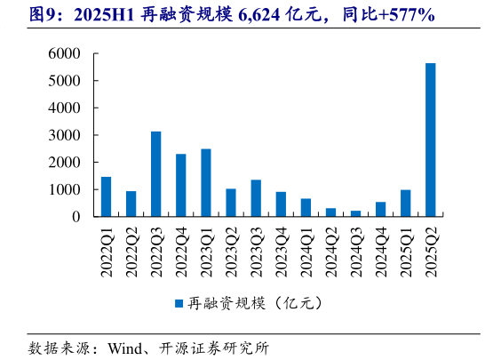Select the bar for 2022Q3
(156, 174)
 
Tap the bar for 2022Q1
(107, 196)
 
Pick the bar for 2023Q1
(206, 182)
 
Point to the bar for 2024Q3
(331, 213)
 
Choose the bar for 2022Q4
(181, 185)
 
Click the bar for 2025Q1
(406, 203)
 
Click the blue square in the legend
(178, 302)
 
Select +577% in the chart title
(406, 14)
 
